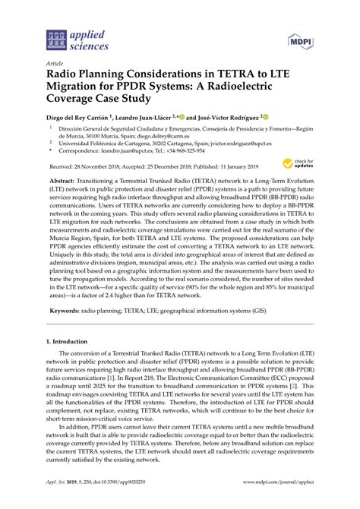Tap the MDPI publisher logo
point(302,38)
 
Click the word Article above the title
point(55,63)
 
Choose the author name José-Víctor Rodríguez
point(223,118)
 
